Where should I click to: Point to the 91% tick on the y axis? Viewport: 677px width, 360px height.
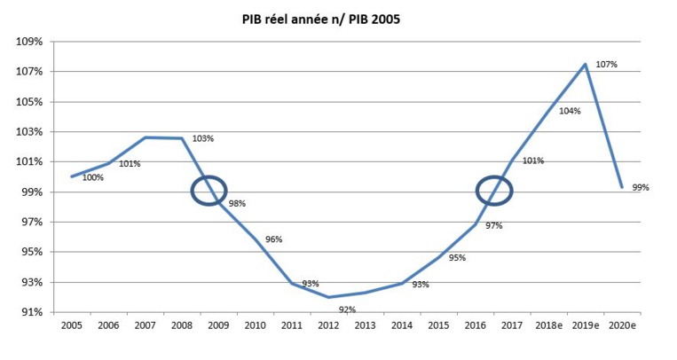click(x=34, y=312)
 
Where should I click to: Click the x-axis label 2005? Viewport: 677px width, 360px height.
click(x=72, y=327)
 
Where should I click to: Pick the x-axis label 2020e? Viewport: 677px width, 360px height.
click(x=622, y=327)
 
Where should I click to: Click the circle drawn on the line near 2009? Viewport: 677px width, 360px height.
click(x=209, y=190)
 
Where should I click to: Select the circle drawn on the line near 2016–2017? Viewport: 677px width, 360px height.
click(x=494, y=190)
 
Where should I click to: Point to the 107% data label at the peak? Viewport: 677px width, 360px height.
click(x=606, y=65)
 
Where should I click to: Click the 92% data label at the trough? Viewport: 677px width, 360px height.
click(x=347, y=309)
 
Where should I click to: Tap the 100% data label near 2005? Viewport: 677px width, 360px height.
click(x=92, y=177)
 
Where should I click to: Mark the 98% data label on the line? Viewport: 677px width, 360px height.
click(x=237, y=203)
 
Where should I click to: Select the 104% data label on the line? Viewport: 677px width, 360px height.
click(x=570, y=111)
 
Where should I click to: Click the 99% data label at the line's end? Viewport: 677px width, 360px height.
click(x=641, y=188)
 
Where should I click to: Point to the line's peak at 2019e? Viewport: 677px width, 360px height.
click(x=586, y=64)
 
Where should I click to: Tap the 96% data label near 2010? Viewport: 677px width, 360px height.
click(x=273, y=239)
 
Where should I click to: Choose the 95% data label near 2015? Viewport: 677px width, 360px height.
click(x=457, y=258)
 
